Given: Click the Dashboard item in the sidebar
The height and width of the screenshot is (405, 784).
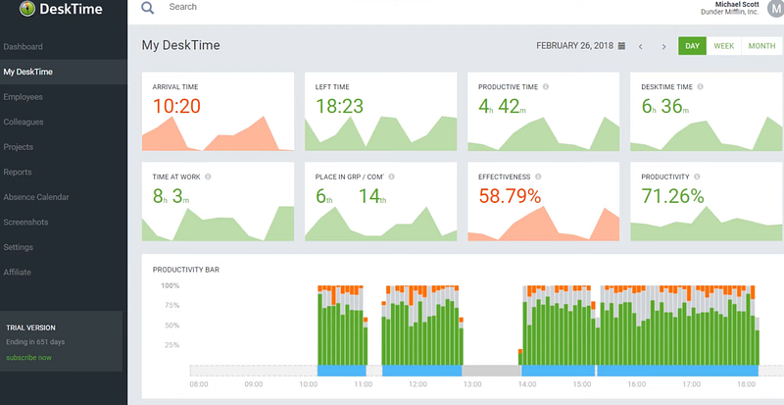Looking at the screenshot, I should (24, 47).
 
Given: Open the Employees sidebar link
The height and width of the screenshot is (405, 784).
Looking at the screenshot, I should (24, 97).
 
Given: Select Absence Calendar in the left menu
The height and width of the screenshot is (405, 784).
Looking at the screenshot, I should (36, 197).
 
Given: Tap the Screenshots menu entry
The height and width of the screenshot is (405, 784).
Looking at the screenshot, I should (25, 223).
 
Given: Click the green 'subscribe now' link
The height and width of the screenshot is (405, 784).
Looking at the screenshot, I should (29, 357).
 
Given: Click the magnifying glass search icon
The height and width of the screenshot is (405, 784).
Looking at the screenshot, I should (148, 8).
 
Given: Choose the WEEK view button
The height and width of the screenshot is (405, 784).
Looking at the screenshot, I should (724, 46).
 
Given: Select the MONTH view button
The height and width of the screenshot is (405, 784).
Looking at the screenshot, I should (761, 46).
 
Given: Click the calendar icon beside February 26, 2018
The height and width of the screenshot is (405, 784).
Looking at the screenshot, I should (621, 46).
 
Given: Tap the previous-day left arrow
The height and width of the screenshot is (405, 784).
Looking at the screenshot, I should (641, 46).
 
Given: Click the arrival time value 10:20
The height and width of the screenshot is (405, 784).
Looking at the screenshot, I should (177, 106).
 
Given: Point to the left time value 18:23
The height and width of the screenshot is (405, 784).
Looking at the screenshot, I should (340, 106).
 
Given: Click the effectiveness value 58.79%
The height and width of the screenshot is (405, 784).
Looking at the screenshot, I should (510, 196).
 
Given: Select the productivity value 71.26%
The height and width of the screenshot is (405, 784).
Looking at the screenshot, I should (672, 196).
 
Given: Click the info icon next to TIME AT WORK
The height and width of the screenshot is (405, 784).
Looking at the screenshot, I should (209, 177).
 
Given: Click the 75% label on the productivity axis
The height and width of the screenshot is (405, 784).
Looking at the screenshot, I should (170, 305).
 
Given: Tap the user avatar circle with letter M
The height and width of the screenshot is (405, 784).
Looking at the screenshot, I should (775, 10).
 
